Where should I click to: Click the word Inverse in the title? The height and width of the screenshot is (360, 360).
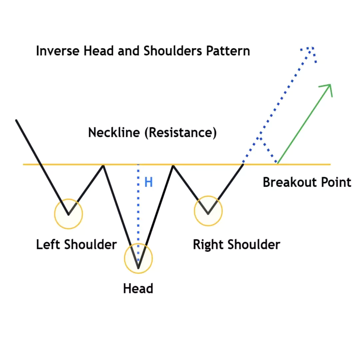(x=58, y=51)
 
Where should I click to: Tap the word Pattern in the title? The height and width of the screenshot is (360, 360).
(x=228, y=51)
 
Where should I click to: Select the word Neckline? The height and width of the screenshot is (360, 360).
(x=114, y=132)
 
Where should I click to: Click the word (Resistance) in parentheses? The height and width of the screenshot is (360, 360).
(x=180, y=133)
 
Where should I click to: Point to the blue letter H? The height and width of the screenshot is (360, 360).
(x=148, y=182)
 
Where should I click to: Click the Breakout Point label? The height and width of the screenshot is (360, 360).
(x=307, y=182)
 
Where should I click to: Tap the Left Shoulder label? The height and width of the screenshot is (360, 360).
(x=76, y=244)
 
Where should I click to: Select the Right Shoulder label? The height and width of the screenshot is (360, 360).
(x=236, y=244)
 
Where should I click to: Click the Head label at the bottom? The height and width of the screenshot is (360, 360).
(x=138, y=288)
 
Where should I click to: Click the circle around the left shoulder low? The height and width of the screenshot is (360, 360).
(x=55, y=214)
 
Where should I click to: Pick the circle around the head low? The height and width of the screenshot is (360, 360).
(x=124, y=259)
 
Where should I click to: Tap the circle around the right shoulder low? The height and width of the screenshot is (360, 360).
(x=194, y=211)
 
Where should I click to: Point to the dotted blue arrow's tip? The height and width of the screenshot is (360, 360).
(x=313, y=48)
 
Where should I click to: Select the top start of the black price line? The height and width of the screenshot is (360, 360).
(x=16, y=120)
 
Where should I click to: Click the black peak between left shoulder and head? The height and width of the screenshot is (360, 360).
(x=104, y=166)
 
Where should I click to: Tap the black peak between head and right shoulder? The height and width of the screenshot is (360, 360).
(x=173, y=166)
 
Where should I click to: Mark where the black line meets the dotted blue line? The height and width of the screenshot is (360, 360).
(x=243, y=164)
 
